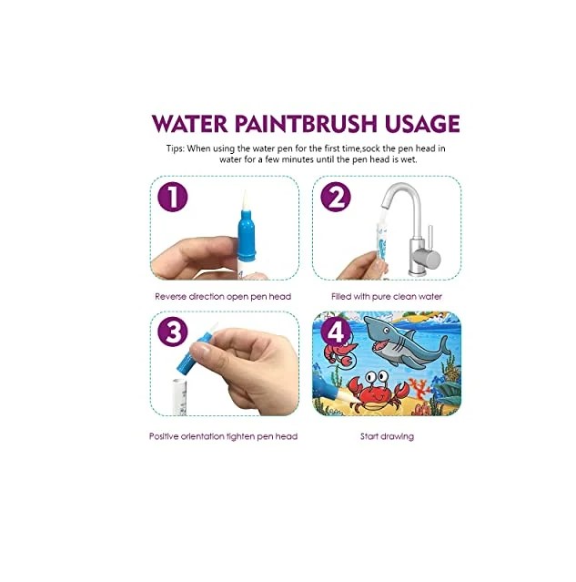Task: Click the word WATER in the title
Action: [x=189, y=124]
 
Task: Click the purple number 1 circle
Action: [x=173, y=197]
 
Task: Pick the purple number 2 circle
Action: [x=336, y=197]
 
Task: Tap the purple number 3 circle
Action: [x=173, y=332]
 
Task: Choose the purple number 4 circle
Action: [x=336, y=332]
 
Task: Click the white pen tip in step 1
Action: [x=245, y=200]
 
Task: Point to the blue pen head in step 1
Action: [x=246, y=235]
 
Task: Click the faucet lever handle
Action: [x=430, y=238]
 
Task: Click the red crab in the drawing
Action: [x=378, y=393]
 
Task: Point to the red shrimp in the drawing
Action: [x=339, y=352]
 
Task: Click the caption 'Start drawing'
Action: [x=387, y=436]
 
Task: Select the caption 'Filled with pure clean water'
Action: [x=387, y=297]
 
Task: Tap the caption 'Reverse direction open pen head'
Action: [x=223, y=297]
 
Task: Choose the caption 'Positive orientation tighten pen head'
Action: [x=223, y=436]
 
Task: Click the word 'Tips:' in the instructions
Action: [x=175, y=148]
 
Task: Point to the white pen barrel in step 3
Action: [x=181, y=397]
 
